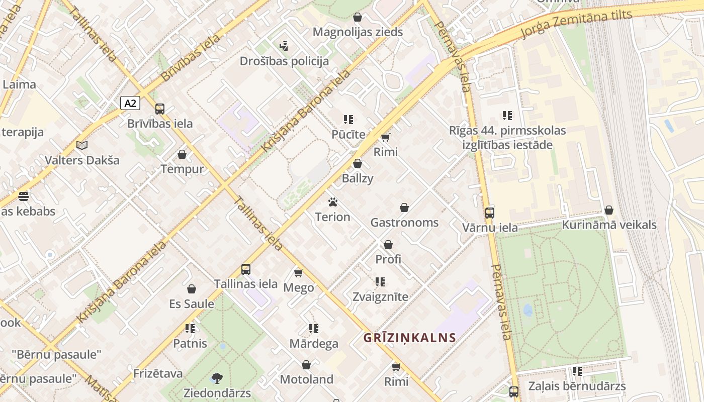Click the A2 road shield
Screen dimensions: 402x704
coord(130,104)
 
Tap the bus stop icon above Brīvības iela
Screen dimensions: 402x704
coord(160,109)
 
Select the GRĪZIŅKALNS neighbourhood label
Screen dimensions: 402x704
coord(410,338)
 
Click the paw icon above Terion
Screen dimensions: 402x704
coord(333,202)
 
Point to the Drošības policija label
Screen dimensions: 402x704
coord(284,61)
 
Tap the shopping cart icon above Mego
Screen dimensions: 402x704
coord(299,273)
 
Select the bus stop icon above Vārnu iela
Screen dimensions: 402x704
coord(490,213)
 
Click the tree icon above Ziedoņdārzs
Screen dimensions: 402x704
coord(217,378)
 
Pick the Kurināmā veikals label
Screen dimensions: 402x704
coord(609,225)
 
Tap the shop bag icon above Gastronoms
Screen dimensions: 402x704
coord(404,208)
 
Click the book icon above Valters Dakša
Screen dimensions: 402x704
coord(82,146)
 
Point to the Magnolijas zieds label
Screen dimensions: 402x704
coord(358,32)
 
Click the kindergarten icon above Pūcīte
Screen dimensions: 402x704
coord(348,120)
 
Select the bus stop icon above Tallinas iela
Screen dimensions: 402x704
coord(246,269)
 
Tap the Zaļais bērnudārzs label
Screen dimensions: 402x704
coord(577,386)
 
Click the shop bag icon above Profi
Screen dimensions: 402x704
coord(388,245)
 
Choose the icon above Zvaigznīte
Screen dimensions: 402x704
coord(380,282)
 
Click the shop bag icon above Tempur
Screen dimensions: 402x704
coord(182,154)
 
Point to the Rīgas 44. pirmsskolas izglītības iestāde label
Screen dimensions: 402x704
coord(507,138)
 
